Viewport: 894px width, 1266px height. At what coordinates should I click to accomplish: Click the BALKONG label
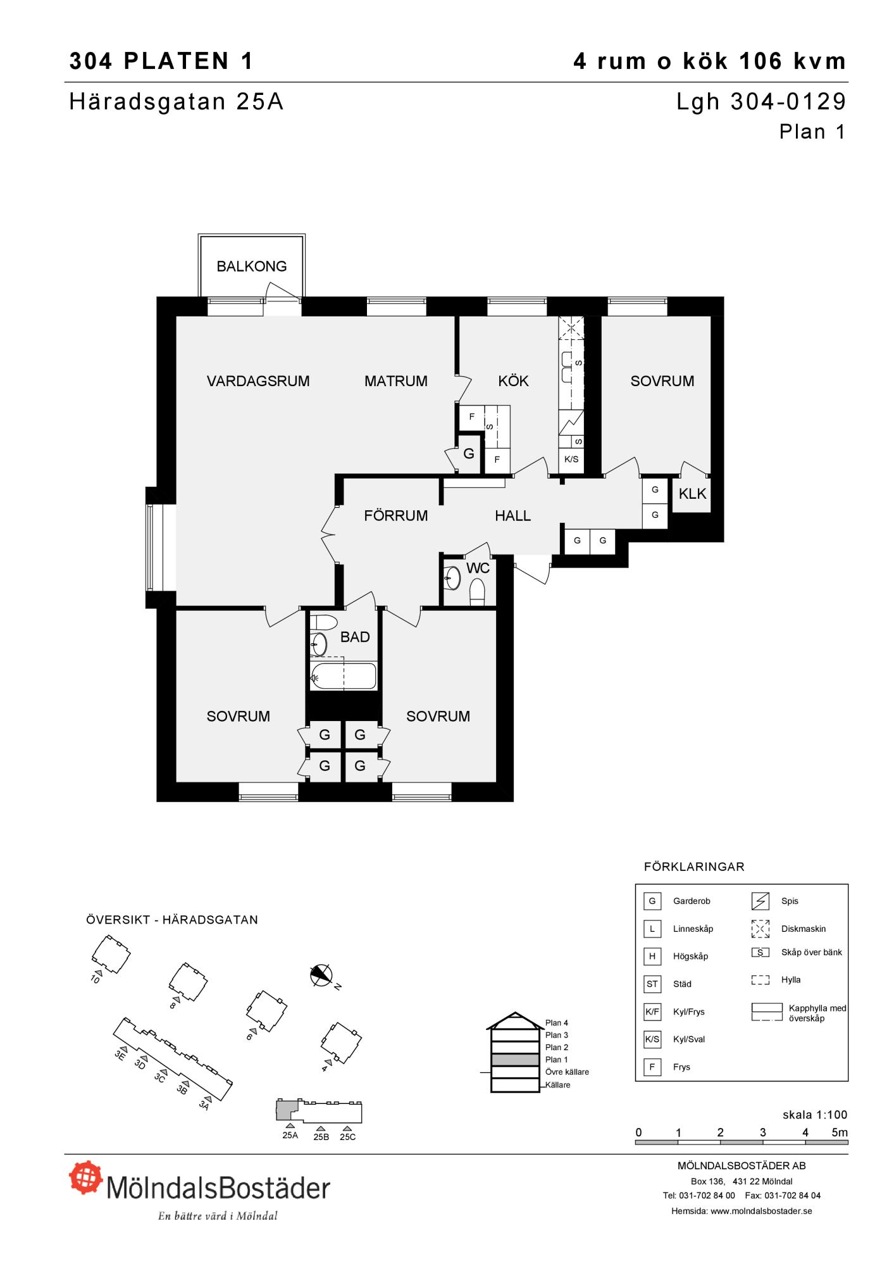(x=252, y=266)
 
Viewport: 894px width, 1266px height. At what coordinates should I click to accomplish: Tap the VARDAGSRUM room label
(x=258, y=381)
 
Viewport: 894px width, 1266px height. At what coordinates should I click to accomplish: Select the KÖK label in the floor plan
(x=513, y=381)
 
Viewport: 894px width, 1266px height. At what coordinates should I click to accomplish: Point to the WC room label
(x=478, y=568)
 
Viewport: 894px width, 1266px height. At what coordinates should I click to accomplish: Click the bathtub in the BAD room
(x=344, y=677)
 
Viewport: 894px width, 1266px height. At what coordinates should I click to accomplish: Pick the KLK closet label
(x=692, y=494)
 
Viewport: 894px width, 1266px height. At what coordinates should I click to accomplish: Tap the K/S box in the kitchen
(x=571, y=460)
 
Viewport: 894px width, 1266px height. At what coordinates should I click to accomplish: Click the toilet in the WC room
(x=477, y=593)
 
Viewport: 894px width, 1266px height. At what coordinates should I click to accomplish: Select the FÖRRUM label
(x=396, y=516)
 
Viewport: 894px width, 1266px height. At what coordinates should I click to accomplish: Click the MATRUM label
(x=396, y=381)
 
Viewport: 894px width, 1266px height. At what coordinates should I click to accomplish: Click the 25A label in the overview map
(x=290, y=1135)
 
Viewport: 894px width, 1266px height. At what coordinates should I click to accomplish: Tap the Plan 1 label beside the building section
(x=557, y=1059)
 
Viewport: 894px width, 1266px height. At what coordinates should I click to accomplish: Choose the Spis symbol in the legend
(x=760, y=901)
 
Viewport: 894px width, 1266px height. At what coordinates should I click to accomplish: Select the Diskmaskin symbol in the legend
(x=760, y=929)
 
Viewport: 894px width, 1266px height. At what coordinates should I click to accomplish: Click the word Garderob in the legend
(x=692, y=901)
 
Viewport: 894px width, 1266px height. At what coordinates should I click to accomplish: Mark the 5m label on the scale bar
(x=839, y=1132)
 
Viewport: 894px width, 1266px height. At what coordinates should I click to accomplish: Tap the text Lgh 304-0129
(x=761, y=101)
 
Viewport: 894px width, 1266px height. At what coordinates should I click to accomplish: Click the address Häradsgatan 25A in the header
(x=177, y=101)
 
